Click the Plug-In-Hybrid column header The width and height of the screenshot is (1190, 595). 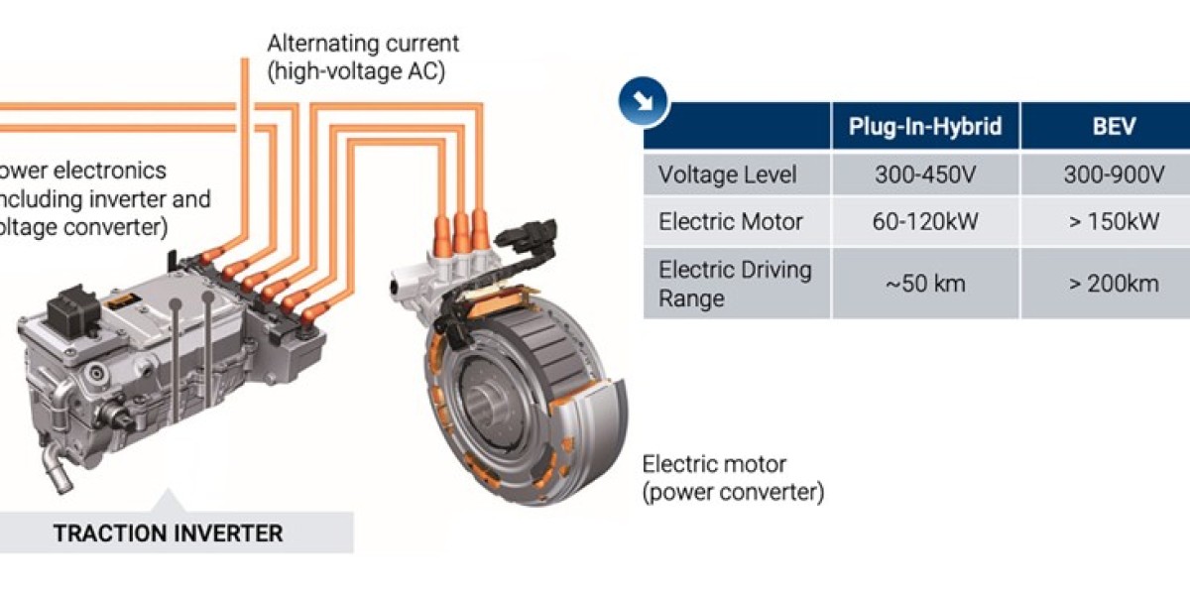pos(925,126)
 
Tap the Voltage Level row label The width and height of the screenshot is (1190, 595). pos(728,176)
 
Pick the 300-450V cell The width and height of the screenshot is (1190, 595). pos(925,176)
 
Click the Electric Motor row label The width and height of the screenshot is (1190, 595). pos(731,222)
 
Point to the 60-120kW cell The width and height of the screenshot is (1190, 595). pos(925,222)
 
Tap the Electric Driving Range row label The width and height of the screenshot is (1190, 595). pos(735,284)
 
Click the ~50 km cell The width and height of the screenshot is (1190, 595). pos(925,284)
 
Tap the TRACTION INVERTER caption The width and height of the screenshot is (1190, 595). pos(168,534)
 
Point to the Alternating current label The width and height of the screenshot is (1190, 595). pos(364,45)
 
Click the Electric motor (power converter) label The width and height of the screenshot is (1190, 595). pos(733,477)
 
